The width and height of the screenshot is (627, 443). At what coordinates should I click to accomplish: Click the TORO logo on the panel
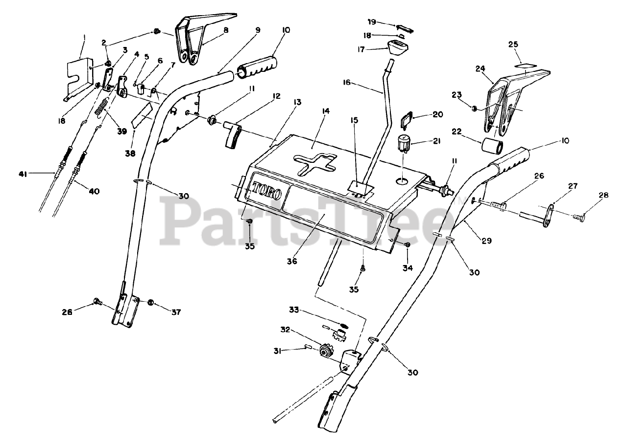click(267, 190)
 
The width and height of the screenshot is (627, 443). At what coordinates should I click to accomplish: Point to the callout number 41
click(23, 174)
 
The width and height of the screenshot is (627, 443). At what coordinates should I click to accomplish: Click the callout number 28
click(603, 195)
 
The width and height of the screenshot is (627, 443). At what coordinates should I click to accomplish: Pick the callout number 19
click(372, 22)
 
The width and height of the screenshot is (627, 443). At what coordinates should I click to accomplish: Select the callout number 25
click(513, 44)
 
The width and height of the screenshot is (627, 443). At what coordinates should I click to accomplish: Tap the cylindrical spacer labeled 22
click(491, 146)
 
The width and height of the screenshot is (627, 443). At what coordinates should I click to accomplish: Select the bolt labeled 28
click(578, 214)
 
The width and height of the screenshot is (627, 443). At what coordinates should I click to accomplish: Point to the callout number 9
click(257, 29)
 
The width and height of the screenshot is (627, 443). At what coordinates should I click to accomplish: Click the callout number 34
click(408, 267)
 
